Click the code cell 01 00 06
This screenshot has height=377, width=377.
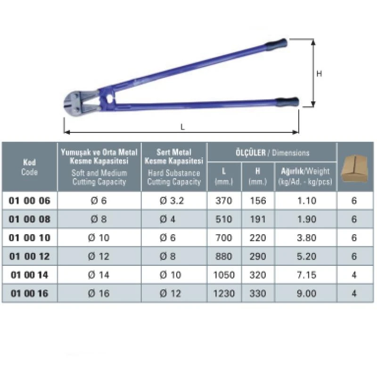click(x=29, y=201)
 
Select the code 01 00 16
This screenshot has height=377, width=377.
click(x=29, y=293)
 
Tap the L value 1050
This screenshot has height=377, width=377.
click(x=224, y=275)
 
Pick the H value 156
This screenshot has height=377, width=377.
click(x=258, y=201)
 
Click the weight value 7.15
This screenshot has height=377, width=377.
click(x=307, y=275)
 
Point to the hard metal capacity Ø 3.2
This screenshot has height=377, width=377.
click(x=172, y=201)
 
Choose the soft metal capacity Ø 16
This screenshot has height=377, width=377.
click(x=99, y=293)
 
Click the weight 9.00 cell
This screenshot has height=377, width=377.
click(x=307, y=293)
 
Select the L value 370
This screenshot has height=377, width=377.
click(x=224, y=201)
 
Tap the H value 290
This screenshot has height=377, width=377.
click(x=258, y=256)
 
